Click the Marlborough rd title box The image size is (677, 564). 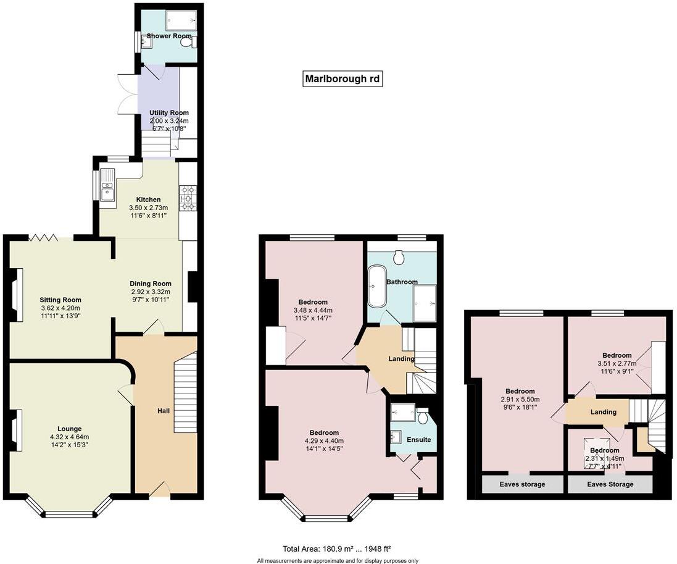pos(343,79)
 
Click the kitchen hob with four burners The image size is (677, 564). pos(188,199)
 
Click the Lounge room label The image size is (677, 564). pos(70,429)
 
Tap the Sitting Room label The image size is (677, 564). pos(60,300)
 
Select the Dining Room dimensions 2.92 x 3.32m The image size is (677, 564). pos(151,292)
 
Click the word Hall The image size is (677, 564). pos(163,410)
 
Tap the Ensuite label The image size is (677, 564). pos(419,440)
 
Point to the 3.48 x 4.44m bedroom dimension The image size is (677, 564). pos(312,311)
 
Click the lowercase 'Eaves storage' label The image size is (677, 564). pos(522,484)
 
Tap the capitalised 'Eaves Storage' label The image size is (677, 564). pos(610,484)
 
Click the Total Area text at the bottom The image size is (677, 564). pos(337,549)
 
